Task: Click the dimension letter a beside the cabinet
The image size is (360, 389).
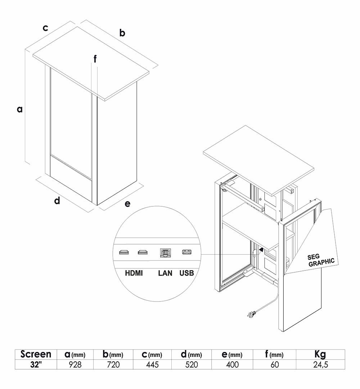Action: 20,109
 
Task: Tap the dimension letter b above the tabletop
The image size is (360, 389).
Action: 122,33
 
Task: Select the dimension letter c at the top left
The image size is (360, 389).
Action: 45,28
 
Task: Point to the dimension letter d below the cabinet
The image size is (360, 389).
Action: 57,200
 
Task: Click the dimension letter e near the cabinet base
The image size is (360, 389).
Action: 127,204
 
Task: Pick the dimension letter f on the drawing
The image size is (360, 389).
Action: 95,59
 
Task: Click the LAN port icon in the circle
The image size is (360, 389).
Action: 165,252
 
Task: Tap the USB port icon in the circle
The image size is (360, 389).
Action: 187,252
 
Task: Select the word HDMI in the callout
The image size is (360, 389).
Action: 134,273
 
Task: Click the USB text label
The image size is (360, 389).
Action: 187,273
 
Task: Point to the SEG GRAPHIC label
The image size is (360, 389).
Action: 321,260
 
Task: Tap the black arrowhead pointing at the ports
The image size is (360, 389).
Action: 261,249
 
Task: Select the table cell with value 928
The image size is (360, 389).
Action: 75,365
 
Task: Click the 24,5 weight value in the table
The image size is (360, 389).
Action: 320,365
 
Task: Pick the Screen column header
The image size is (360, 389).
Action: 36,354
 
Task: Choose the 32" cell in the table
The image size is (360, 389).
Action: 36,365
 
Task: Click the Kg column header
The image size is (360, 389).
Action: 320,354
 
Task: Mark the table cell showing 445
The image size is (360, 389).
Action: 152,365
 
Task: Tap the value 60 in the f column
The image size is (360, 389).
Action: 274,365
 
